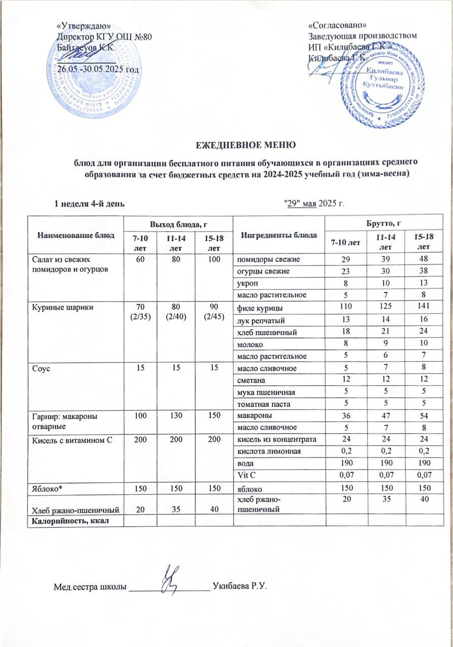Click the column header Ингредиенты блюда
click(279, 235)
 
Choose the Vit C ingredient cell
click(246, 475)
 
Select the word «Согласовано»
click(338, 25)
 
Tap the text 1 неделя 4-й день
click(90, 203)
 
